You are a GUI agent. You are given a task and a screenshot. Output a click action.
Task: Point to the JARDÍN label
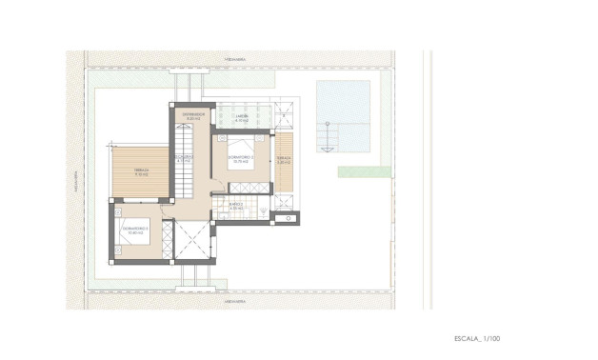point(242,117)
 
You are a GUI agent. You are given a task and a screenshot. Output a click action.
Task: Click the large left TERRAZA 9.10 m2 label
point(141,173)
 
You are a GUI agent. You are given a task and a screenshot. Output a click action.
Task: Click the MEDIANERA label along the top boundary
point(235,59)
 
